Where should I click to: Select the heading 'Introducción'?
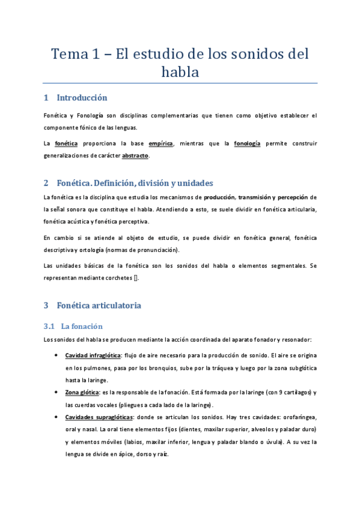(82, 97)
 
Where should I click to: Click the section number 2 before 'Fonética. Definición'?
(46, 183)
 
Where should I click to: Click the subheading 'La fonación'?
(82, 326)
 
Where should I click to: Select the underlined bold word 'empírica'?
(160, 144)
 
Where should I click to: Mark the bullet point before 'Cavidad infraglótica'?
(56, 355)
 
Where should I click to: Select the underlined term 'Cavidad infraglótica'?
(93, 355)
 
